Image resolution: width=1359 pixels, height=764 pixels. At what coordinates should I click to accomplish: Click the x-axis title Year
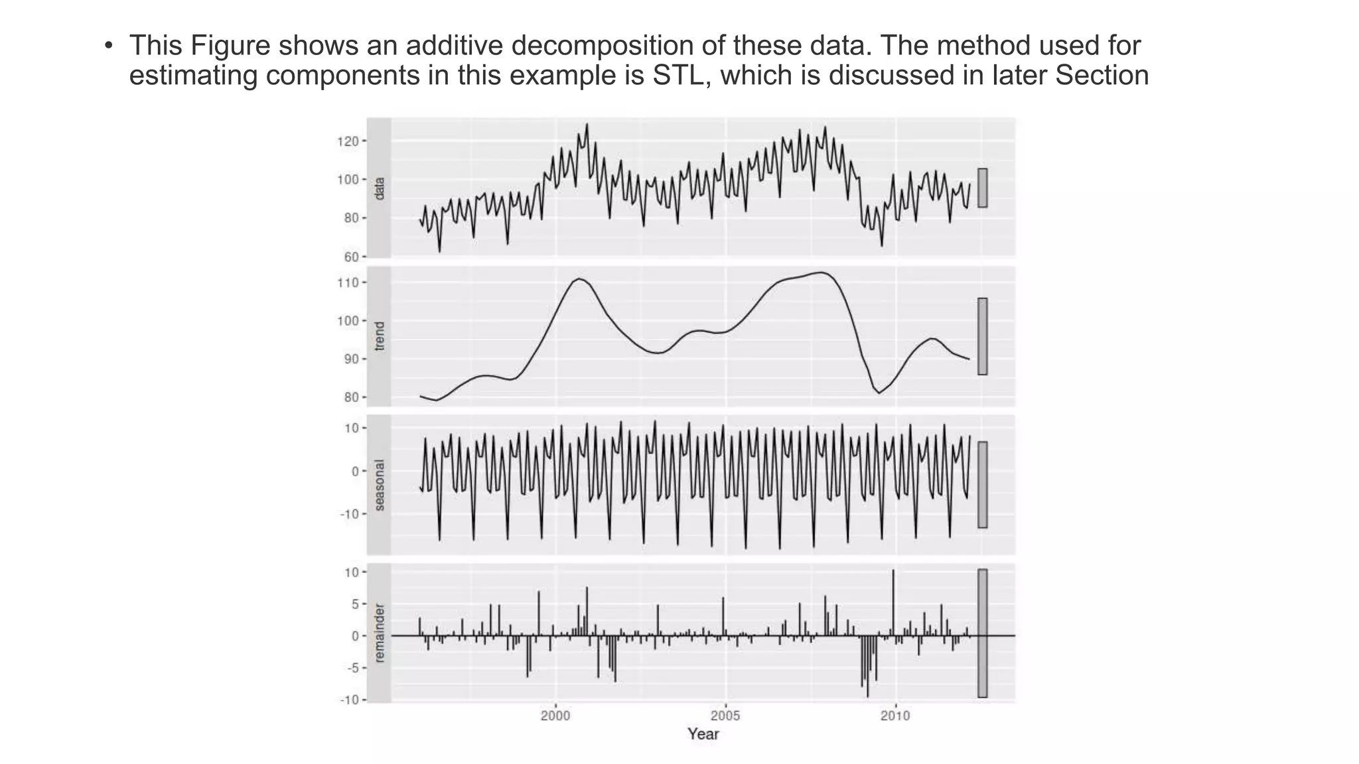(703, 733)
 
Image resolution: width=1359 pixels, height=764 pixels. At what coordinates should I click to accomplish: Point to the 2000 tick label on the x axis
(555, 716)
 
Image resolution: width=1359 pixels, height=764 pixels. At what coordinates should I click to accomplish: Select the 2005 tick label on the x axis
(725, 716)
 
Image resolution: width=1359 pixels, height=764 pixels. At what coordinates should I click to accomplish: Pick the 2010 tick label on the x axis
(895, 716)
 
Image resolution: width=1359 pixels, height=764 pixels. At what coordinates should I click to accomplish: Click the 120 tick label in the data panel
(348, 141)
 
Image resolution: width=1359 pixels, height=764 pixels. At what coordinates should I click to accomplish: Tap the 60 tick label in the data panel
(350, 257)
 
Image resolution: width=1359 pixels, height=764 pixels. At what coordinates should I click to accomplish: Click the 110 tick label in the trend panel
(348, 283)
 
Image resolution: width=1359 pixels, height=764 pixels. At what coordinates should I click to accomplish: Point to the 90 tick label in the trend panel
(350, 359)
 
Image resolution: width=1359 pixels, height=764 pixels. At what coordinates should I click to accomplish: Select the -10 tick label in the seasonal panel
(349, 514)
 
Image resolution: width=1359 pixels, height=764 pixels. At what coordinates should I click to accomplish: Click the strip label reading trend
(379, 336)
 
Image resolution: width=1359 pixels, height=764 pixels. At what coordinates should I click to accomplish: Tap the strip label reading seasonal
(379, 485)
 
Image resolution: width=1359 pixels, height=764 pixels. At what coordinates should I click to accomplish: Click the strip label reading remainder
(379, 633)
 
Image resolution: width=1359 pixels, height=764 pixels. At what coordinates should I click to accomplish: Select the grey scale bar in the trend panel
(982, 336)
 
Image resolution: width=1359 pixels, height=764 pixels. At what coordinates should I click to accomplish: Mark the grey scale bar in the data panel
(982, 188)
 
